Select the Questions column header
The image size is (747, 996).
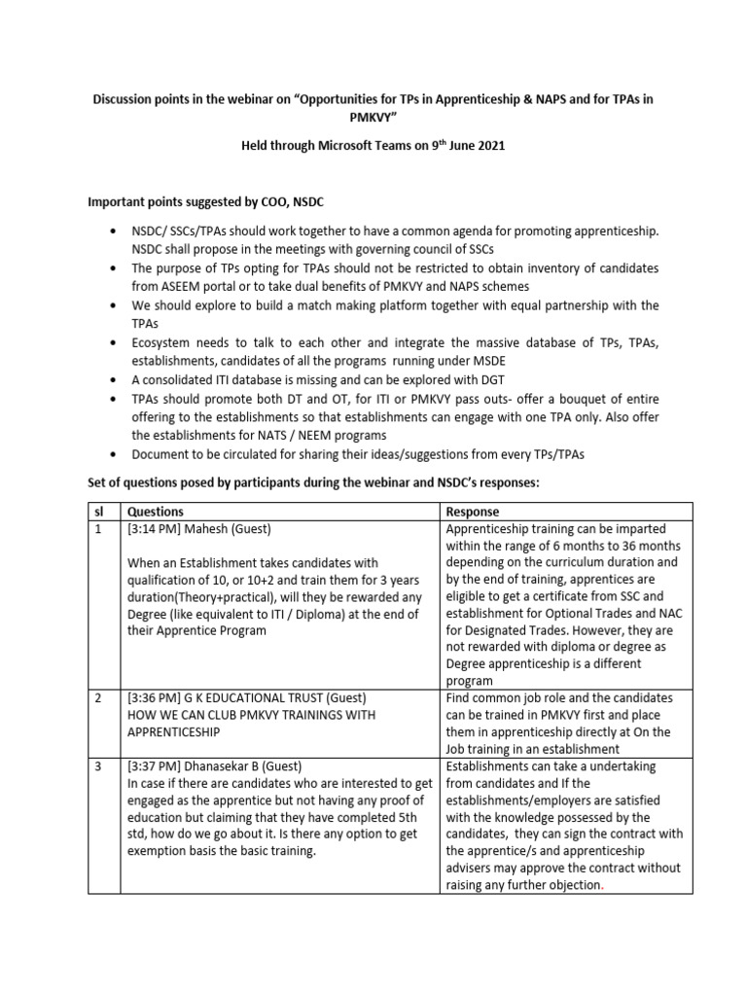(155, 512)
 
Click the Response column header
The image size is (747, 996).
(473, 512)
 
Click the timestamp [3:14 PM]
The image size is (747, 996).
(154, 530)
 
